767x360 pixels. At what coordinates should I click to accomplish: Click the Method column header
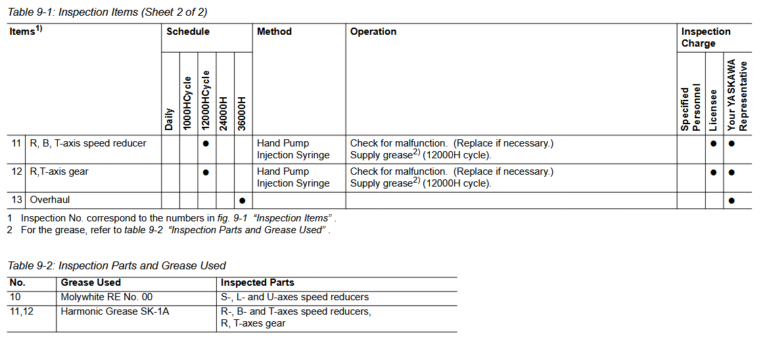[274, 32]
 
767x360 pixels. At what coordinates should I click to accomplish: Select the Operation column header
[373, 32]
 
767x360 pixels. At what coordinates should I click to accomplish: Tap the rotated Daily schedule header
[170, 118]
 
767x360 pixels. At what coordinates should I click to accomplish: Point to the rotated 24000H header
[224, 113]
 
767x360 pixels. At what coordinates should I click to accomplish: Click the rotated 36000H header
[242, 113]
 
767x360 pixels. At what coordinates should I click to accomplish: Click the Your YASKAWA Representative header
[737, 95]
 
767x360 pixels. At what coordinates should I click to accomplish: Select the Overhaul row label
[50, 200]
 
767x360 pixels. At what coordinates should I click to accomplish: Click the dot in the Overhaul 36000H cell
[243, 200]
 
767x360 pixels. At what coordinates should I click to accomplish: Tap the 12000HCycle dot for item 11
[206, 143]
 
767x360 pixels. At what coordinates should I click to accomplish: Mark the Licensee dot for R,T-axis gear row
[714, 172]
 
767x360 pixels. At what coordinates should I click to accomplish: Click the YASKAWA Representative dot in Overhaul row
[732, 200]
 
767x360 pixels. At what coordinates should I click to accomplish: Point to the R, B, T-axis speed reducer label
[88, 143]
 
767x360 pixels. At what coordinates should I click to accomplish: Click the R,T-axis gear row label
[59, 171]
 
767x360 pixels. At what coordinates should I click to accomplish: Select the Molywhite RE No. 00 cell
[106, 297]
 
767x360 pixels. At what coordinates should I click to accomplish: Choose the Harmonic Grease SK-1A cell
[115, 311]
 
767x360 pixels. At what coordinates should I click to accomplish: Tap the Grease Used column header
[91, 282]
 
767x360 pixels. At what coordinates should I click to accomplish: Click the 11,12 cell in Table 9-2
[22, 311]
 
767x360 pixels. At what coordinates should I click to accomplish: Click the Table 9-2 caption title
[116, 265]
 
